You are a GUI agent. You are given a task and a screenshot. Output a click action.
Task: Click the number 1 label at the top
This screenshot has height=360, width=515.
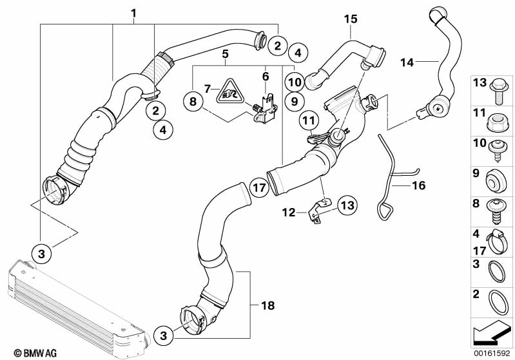[x=133, y=12]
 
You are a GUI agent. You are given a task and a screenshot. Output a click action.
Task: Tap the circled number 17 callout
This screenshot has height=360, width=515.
[x=258, y=189]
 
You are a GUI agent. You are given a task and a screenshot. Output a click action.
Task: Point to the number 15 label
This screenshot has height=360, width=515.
[x=350, y=19]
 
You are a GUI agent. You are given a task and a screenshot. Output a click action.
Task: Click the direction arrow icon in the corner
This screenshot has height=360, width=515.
[x=492, y=332]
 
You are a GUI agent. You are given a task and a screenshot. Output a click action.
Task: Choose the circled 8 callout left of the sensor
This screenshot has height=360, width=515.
[x=191, y=101]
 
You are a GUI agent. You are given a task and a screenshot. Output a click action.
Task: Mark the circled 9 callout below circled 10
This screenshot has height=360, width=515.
[x=292, y=101]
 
